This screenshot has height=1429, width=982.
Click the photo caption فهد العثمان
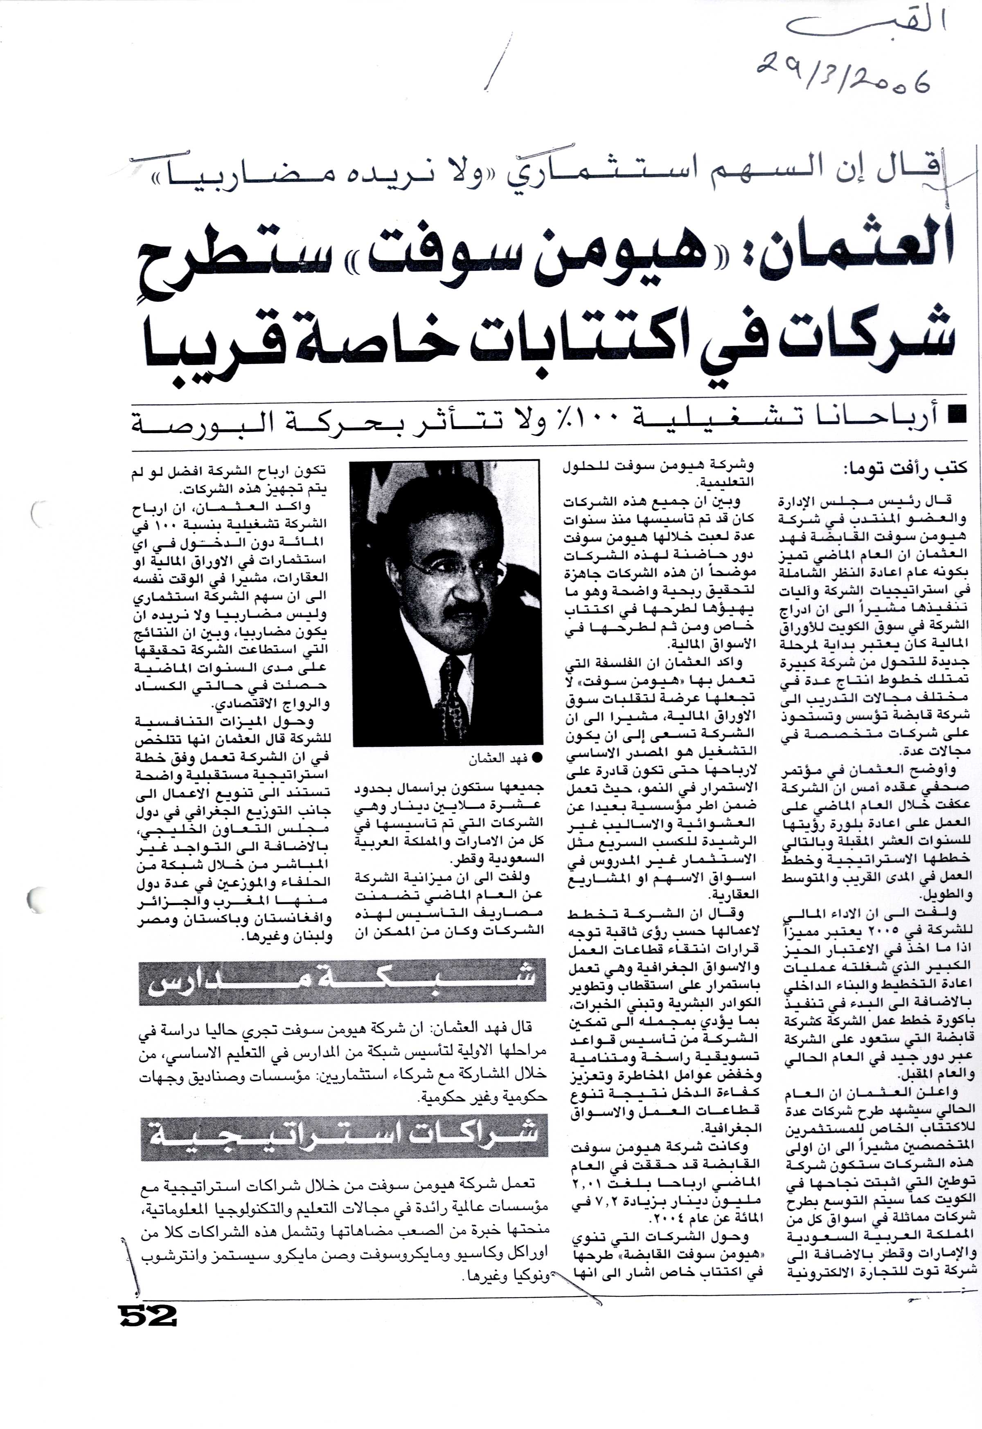tap(497, 759)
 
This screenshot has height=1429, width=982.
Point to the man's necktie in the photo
tap(452, 695)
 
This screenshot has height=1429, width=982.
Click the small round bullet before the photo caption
tap(537, 759)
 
